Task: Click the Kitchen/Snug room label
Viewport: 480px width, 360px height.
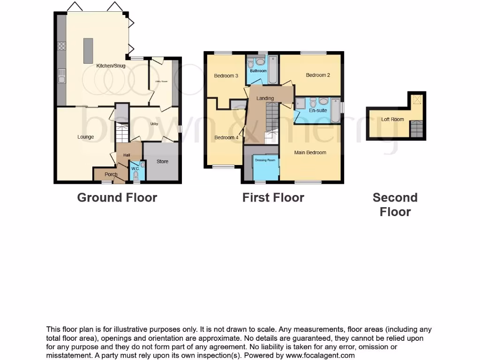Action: pos(111,66)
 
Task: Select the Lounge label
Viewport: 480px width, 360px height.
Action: pos(86,137)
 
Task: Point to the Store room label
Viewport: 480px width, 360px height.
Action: pos(162,162)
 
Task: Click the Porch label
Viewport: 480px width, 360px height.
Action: pos(111,175)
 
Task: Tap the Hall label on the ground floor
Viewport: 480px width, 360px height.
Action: pos(127,155)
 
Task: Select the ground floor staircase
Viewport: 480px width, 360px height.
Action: pos(122,132)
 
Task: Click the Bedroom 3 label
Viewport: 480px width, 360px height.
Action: pos(226,76)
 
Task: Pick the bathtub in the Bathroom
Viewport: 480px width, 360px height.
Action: pos(273,70)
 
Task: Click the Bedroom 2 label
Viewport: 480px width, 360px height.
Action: pos(318,75)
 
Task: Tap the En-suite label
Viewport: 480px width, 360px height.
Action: pos(319,111)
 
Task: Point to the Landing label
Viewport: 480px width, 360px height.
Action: pos(265,98)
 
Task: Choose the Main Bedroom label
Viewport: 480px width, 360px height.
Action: pos(310,152)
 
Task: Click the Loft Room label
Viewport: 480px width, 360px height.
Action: pos(392,120)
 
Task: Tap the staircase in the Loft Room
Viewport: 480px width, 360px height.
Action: pos(416,129)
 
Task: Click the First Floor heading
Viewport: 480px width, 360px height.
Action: pos(273,198)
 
